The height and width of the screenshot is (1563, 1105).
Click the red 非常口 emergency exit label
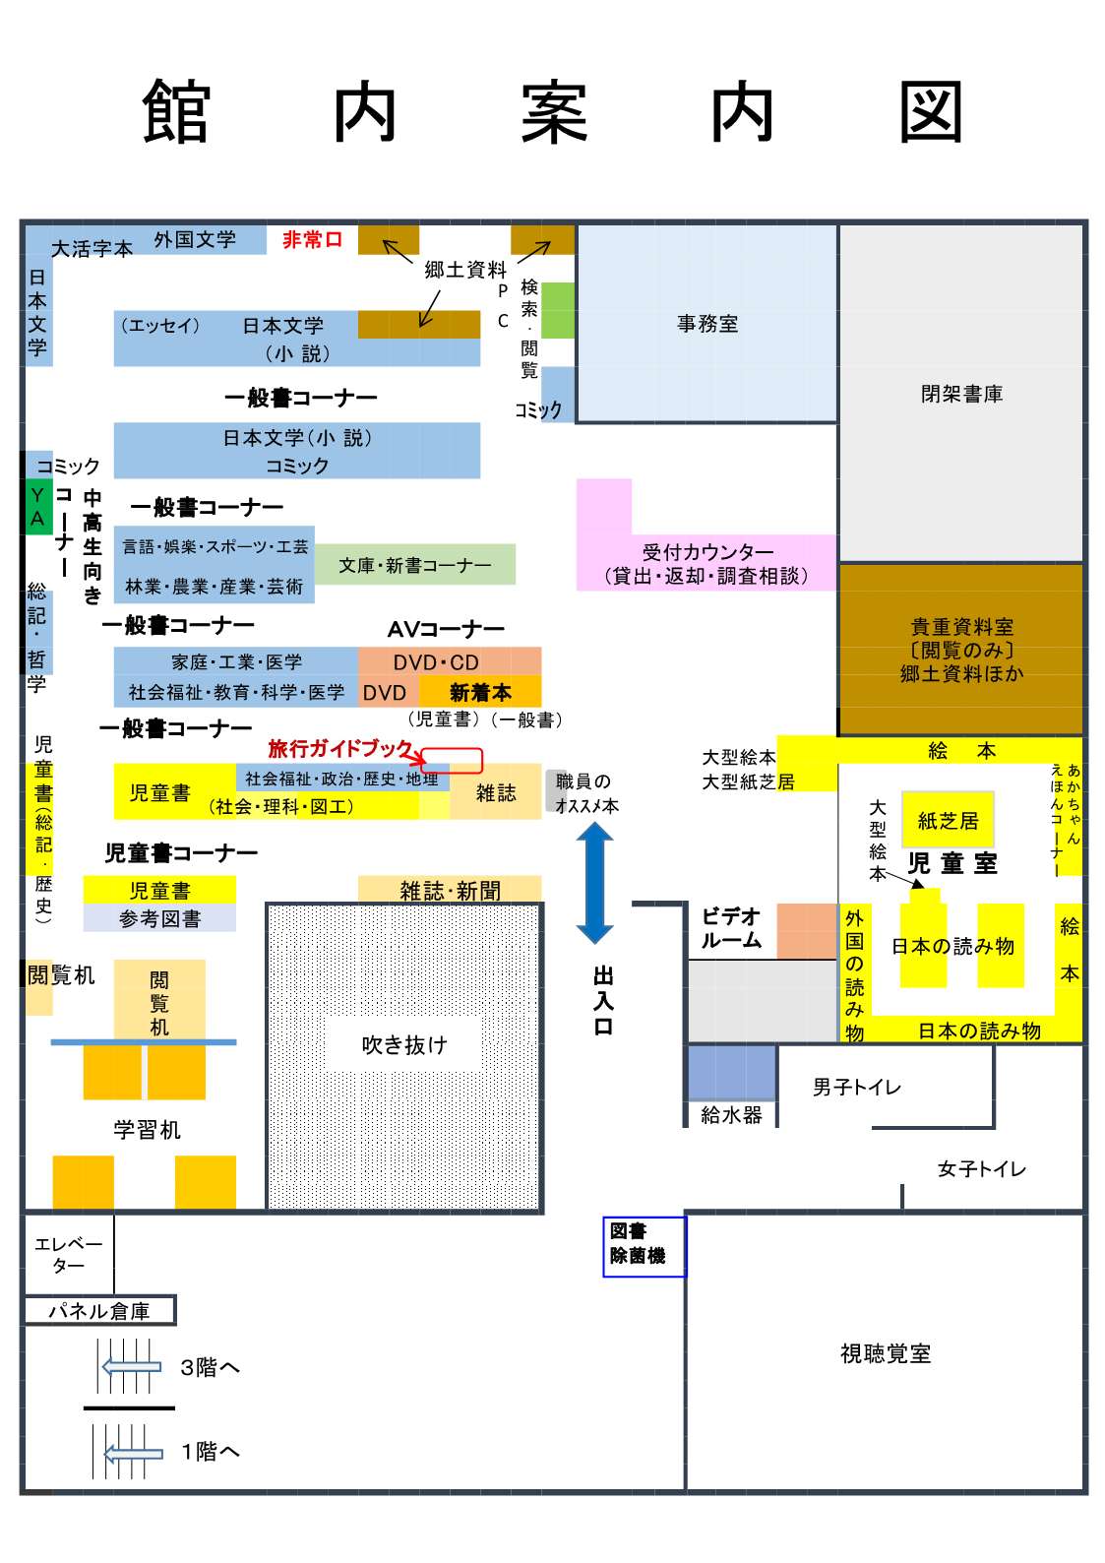312,239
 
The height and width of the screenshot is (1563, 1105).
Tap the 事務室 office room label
706,324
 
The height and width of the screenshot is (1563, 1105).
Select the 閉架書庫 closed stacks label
961,394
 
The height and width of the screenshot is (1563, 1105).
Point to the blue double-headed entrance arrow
594,882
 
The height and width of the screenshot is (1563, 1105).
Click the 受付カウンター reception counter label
707,564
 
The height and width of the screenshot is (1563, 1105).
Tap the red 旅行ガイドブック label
340,749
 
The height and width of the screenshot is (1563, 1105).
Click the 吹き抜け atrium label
403,1044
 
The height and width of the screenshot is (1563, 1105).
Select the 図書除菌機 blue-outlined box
644,1246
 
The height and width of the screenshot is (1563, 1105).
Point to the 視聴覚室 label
885,1354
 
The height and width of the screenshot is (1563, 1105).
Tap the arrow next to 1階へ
133,1452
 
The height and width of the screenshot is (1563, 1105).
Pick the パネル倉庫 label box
99,1311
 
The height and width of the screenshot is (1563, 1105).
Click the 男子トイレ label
856,1088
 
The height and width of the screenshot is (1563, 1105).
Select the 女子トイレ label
981,1169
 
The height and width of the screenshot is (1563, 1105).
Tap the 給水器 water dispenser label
731,1115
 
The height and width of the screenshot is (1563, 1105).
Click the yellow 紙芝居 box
948,821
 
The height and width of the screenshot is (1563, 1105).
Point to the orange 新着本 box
480,692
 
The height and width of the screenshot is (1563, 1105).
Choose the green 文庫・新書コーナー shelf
414,565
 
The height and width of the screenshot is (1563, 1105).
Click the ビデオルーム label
731,928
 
